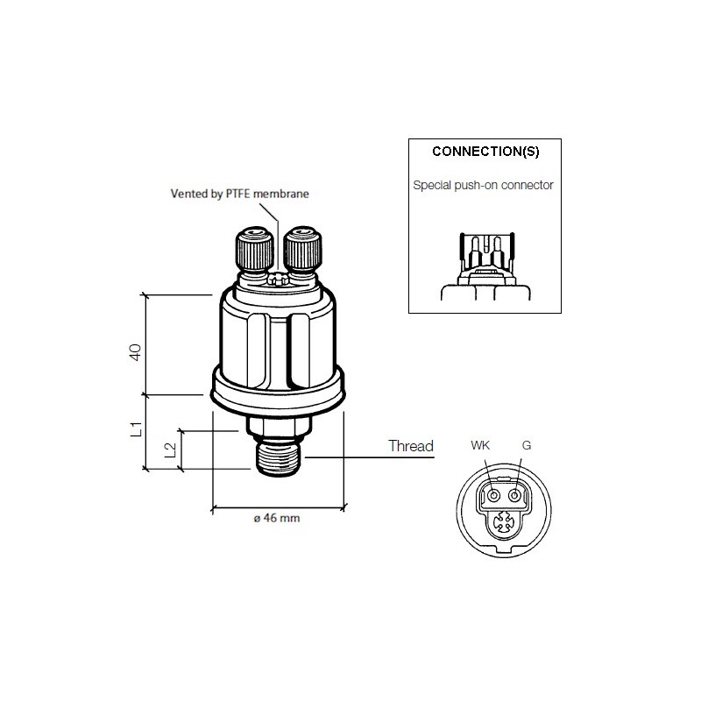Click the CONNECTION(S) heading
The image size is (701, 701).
pyautogui.click(x=485, y=151)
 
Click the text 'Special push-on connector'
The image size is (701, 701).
pyautogui.click(x=483, y=186)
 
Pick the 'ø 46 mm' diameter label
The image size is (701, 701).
pyautogui.click(x=277, y=520)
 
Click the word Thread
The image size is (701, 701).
pyautogui.click(x=411, y=446)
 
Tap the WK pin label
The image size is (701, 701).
pyautogui.click(x=481, y=446)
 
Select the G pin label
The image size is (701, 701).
pyautogui.click(x=526, y=446)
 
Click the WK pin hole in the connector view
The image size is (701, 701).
pyautogui.click(x=495, y=497)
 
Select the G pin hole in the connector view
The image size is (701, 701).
pyautogui.click(x=515, y=497)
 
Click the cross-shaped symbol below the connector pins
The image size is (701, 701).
pyautogui.click(x=505, y=525)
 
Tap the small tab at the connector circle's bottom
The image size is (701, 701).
pyautogui.click(x=506, y=551)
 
